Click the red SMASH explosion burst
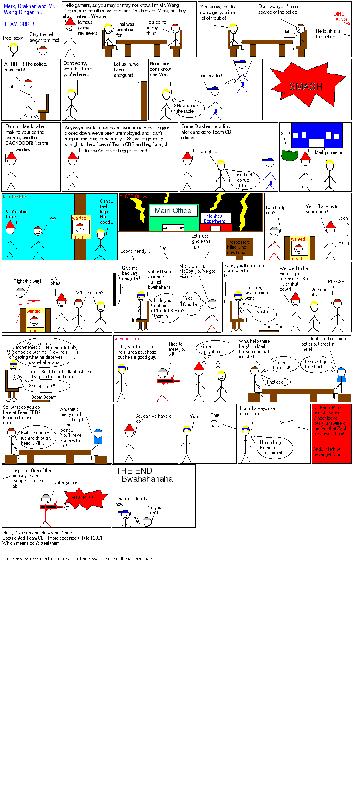pos(306,86)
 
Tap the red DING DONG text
pos(340,16)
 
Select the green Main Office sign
pos(173,211)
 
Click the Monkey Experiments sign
pos(215,218)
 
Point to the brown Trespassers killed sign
pos(238,248)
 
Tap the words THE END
pos(134,471)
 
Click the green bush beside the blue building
pos(289,155)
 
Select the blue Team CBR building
pos(317,135)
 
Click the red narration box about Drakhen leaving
pos(331,433)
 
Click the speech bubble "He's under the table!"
pos(188,108)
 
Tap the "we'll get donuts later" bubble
pos(244,180)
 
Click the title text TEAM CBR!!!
pos(19,24)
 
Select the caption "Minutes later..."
pos(16,197)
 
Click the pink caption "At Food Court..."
pos(129,339)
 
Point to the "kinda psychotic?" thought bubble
pos(214,349)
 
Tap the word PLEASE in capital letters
pos(336,282)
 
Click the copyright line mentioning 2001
pos(52,538)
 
